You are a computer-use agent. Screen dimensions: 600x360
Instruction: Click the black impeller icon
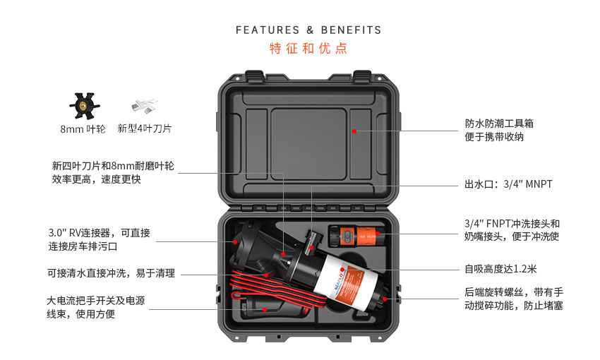coord(84,106)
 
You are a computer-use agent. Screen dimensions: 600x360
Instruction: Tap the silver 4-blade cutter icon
coord(144,106)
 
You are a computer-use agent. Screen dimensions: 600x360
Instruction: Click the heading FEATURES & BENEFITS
coord(308,30)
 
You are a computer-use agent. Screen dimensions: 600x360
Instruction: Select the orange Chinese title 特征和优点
coord(308,49)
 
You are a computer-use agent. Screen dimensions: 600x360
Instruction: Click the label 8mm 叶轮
coord(83,129)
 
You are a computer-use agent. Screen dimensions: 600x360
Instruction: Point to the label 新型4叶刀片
coord(145,128)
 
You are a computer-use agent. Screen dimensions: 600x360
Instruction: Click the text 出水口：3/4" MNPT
coord(508,184)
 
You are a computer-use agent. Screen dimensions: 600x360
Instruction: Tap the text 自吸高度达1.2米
coord(500,269)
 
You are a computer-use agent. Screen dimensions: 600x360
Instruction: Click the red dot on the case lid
coord(354,131)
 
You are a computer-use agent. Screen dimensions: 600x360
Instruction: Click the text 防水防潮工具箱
coord(499,124)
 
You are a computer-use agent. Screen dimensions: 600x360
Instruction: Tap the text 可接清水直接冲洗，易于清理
coord(111,273)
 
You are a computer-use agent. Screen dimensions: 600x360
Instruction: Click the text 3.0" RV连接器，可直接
coord(99,233)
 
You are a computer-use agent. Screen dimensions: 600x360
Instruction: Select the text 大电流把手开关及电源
coord(96,301)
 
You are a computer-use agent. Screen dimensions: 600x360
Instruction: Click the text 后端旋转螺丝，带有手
coord(514,292)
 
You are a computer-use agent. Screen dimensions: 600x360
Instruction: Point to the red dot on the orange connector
coord(378,234)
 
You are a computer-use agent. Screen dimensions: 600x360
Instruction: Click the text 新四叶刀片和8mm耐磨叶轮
coord(113,166)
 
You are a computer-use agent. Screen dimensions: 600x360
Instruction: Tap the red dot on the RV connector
coord(235,242)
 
